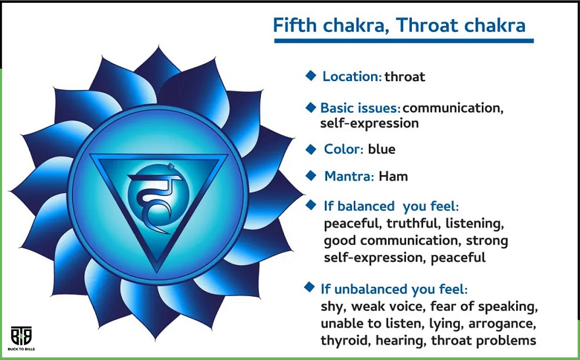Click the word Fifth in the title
coord(295,25)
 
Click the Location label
coord(352,77)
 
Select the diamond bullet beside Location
coord(311,75)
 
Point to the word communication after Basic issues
coord(452,108)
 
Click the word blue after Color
coord(382,149)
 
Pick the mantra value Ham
coord(393,176)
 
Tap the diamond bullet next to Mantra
coord(311,175)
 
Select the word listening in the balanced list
coord(474,223)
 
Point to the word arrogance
coord(502,324)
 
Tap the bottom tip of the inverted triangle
coord(158,274)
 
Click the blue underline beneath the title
coord(404,41)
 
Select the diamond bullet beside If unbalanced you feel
coord(309,287)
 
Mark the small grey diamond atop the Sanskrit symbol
coord(171,166)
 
